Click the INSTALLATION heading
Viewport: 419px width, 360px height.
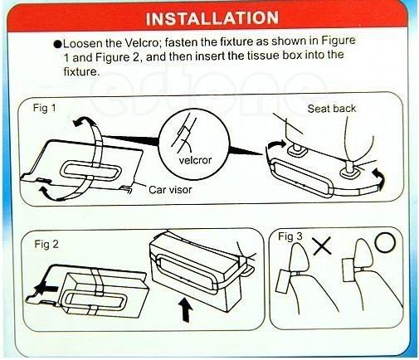point(212,18)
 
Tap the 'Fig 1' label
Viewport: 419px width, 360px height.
point(44,108)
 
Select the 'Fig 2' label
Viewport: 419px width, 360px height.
point(46,244)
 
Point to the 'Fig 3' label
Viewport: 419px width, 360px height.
point(290,236)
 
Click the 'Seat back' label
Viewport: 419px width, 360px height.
point(332,109)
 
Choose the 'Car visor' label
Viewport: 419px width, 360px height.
point(170,190)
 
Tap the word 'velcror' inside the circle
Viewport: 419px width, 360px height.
point(195,160)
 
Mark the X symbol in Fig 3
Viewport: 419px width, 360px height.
point(322,246)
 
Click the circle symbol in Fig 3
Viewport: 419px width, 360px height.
point(385,242)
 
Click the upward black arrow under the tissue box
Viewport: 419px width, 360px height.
point(186,311)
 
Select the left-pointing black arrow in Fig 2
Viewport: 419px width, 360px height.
point(45,289)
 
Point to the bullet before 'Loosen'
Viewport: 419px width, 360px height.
point(58,44)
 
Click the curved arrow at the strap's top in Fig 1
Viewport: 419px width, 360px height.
point(85,121)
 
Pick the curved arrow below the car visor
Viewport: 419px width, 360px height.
point(49,193)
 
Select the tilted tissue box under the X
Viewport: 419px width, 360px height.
point(283,281)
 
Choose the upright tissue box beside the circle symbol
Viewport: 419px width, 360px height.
point(350,270)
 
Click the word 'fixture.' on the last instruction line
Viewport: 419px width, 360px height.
point(81,71)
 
